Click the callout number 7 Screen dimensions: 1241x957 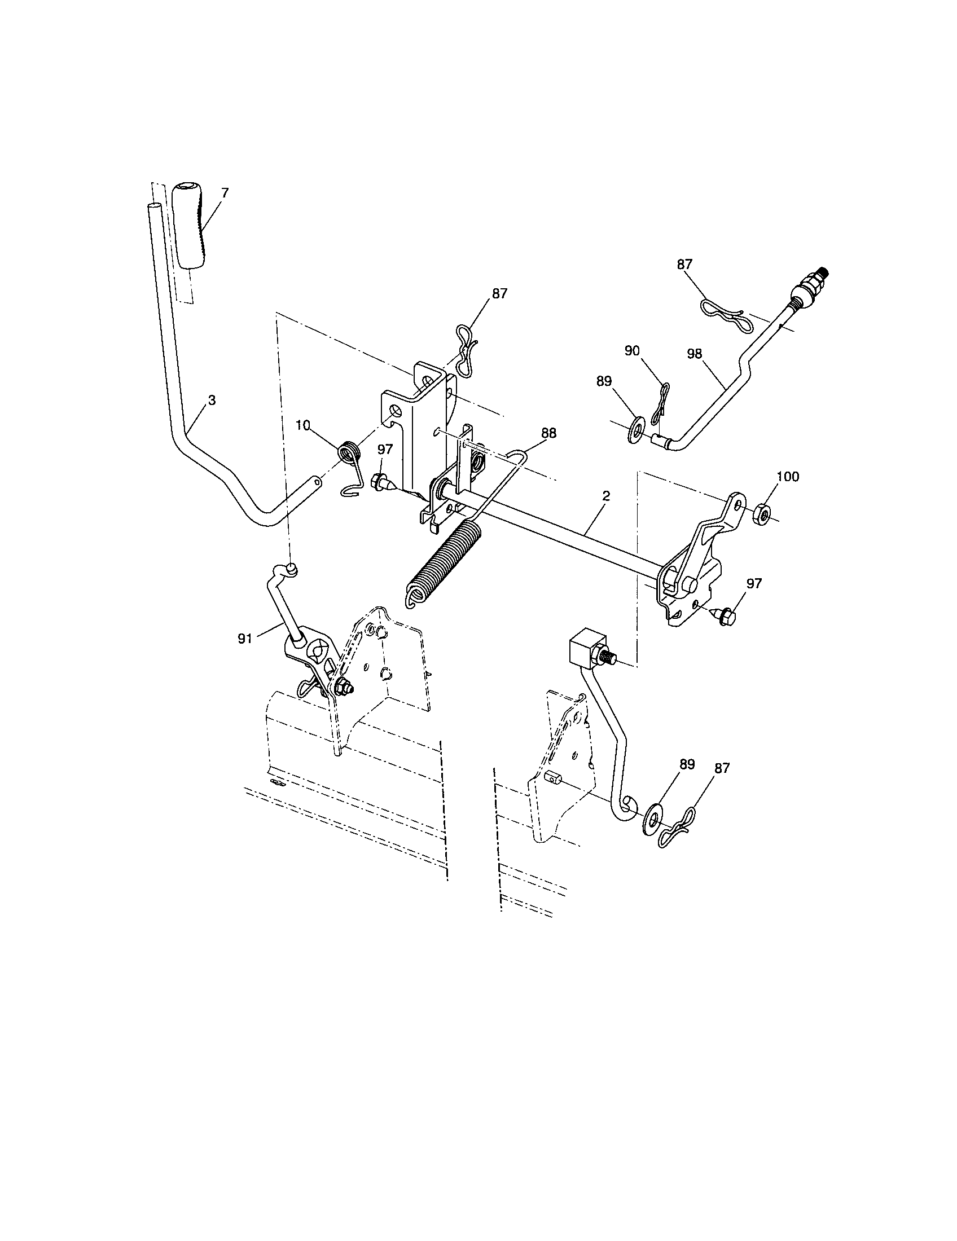click(225, 193)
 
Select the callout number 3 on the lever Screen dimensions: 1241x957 click(212, 400)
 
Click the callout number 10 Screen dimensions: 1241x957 click(303, 425)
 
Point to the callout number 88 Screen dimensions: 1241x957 click(548, 433)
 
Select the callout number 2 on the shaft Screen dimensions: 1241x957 click(606, 495)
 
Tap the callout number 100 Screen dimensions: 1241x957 click(787, 476)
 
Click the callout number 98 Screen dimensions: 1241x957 click(695, 354)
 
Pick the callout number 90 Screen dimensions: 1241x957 click(632, 351)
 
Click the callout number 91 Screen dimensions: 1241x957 click(245, 639)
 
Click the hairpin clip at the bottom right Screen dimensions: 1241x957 click(676, 834)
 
